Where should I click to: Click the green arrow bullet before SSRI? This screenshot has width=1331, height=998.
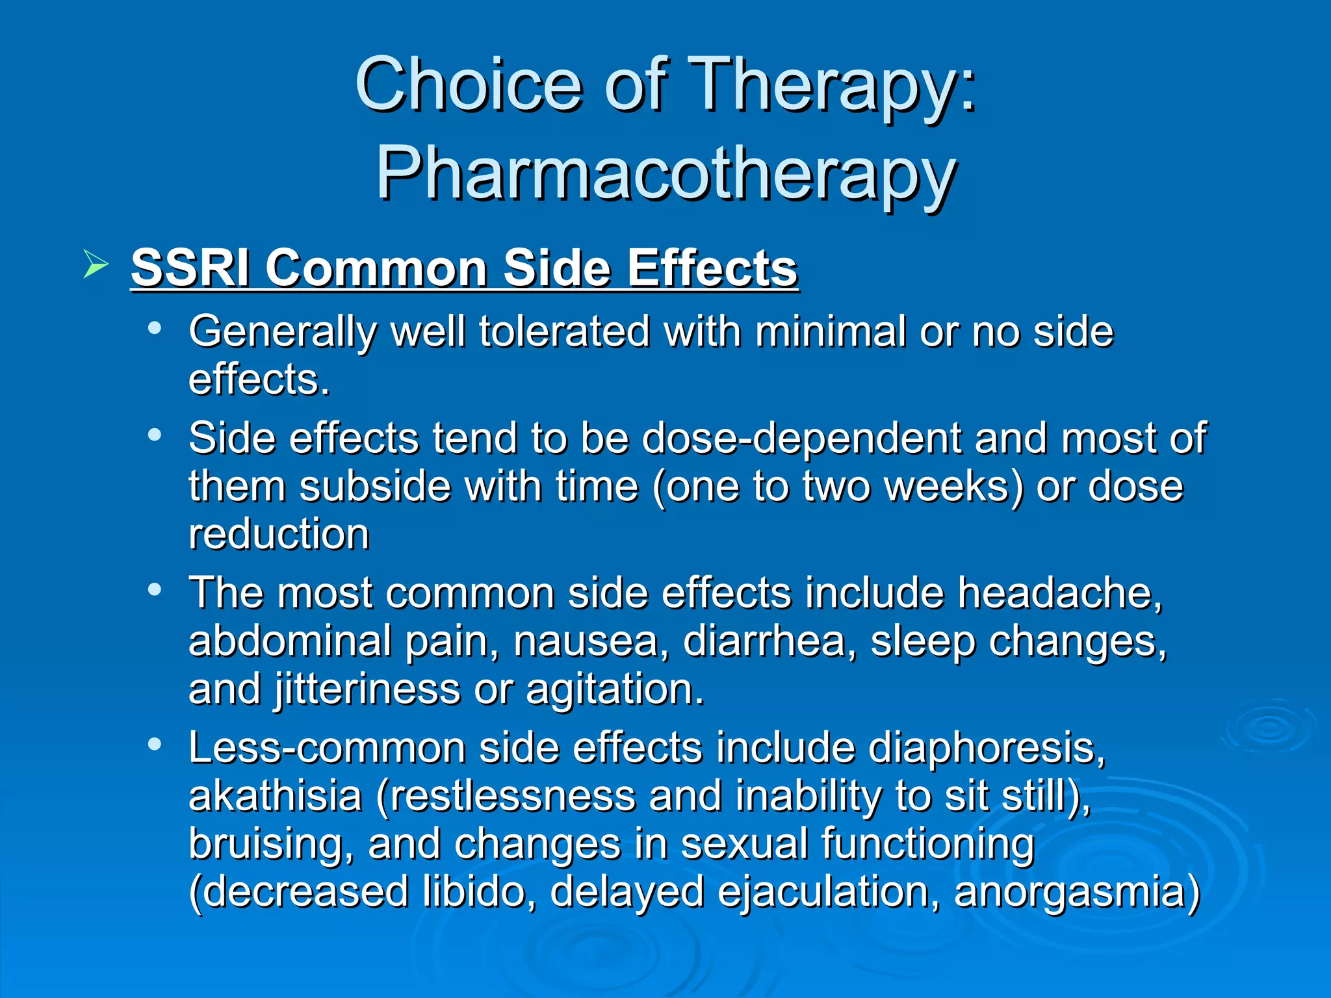[96, 266]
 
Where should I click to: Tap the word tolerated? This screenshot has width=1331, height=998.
[564, 331]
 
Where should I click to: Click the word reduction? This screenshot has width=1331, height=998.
[279, 534]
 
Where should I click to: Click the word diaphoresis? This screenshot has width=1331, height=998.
[987, 748]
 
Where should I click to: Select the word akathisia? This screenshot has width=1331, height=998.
[275, 796]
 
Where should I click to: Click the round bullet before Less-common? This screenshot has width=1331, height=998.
[155, 744]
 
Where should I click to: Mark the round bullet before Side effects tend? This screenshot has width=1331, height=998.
[155, 435]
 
